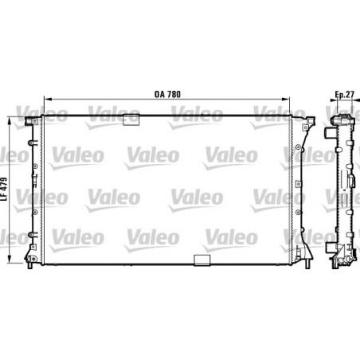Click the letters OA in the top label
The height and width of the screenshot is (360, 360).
click(x=158, y=95)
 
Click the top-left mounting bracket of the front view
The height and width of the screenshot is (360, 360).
click(x=32, y=120)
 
